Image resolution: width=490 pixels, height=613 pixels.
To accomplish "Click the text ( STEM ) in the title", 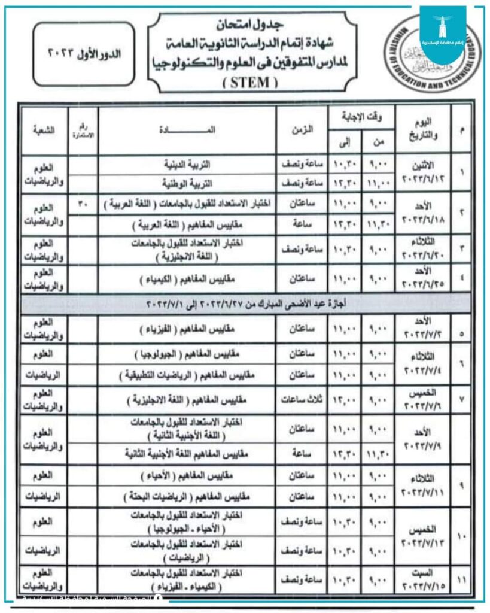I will [250, 83].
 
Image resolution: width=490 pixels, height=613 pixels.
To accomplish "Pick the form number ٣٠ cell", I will [83, 204].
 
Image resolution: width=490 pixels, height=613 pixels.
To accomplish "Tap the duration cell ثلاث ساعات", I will [302, 399].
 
